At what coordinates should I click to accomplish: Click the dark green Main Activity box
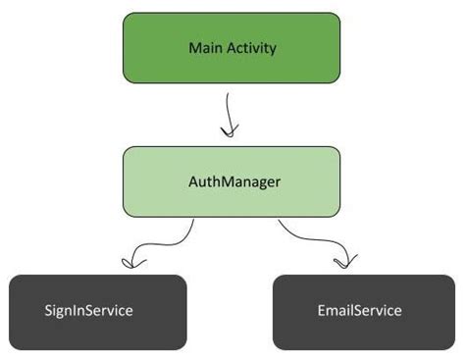pos(232,47)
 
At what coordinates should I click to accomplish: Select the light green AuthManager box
pos(232,181)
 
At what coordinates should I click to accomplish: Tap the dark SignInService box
pos(97,312)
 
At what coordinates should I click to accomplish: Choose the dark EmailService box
pos(359,312)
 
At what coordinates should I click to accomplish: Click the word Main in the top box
pos(203,47)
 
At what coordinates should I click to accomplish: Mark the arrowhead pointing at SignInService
pos(129,263)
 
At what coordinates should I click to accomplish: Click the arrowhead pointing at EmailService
pos(343,262)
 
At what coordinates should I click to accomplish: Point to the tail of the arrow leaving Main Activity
pos(229,94)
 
